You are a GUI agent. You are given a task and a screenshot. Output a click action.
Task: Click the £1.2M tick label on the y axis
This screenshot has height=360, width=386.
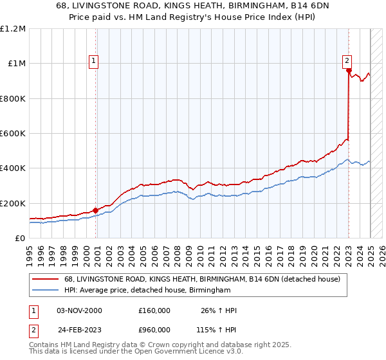point(13,28)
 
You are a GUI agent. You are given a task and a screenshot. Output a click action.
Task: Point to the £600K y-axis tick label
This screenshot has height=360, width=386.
point(13,134)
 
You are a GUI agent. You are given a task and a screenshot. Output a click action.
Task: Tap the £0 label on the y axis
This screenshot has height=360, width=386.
point(20,239)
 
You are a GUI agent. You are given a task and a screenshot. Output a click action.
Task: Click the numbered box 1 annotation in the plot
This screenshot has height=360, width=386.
point(93,61)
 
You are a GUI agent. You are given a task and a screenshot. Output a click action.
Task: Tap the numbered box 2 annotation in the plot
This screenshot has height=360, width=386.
point(347,61)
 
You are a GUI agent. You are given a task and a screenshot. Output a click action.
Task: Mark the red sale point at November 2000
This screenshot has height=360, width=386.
point(96,210)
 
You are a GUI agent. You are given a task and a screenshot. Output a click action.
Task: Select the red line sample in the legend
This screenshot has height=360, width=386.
point(47,280)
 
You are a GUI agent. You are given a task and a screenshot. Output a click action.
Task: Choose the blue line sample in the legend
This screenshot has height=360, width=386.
point(47,291)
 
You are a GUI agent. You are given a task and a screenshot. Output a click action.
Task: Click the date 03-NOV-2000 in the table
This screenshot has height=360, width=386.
point(79,311)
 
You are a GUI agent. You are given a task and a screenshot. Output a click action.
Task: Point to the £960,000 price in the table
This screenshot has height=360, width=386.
point(154,329)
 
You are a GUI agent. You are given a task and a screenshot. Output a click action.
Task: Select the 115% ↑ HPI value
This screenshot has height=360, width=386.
point(217,329)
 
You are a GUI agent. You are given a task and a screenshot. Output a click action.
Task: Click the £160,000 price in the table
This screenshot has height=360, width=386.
point(154,311)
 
